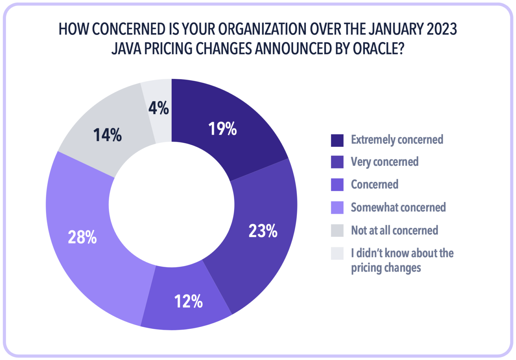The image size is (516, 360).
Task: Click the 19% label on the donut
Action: (x=222, y=129)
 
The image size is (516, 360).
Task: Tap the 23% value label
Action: (x=263, y=231)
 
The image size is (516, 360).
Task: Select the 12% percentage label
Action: (x=188, y=301)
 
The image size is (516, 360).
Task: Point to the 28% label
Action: (x=82, y=237)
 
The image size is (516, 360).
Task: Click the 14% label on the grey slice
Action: (x=107, y=135)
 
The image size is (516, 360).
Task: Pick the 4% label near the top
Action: (x=159, y=108)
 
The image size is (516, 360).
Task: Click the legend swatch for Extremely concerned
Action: (x=337, y=140)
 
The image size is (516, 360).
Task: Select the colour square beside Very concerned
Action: (x=337, y=162)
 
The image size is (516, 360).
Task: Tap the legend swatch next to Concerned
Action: (x=337, y=185)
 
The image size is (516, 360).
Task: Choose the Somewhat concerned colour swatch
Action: (x=337, y=208)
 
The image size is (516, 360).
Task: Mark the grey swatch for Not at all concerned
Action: (x=337, y=230)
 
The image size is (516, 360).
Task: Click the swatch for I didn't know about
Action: (x=337, y=253)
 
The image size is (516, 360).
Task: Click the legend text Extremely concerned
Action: (x=397, y=140)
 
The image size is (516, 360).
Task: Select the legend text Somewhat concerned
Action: (x=398, y=208)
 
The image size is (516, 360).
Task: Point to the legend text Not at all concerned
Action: (x=394, y=230)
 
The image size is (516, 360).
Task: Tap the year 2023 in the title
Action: (x=442, y=29)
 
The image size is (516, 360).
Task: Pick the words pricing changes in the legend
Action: (x=386, y=268)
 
